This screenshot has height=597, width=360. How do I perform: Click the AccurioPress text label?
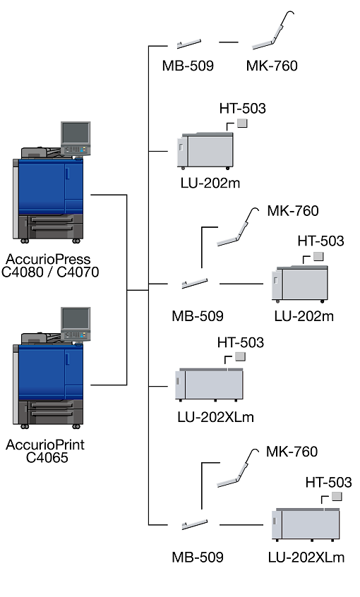tap(48, 259)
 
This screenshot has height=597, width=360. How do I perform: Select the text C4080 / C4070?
tap(50, 272)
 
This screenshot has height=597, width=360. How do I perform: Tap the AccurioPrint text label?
tap(45, 445)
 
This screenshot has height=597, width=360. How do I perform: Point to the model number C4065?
tap(47, 458)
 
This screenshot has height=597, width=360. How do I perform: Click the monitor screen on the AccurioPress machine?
tap(76, 133)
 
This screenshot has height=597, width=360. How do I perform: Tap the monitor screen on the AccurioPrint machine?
tap(76, 318)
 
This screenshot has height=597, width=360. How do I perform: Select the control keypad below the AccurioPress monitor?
tap(76, 150)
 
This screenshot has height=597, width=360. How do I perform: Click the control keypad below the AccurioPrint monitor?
tap(76, 335)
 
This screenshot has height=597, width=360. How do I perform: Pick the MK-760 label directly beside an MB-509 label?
tap(272, 66)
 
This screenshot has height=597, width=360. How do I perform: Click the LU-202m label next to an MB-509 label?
tap(304, 316)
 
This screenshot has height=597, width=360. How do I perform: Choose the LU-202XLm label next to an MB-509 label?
tap(306, 557)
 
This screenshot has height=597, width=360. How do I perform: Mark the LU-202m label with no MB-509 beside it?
tap(210, 183)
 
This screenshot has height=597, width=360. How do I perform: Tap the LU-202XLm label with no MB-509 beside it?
tap(215, 417)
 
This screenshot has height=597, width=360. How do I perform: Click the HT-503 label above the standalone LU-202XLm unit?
tap(241, 343)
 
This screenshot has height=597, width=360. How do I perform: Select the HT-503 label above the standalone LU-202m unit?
tap(242, 109)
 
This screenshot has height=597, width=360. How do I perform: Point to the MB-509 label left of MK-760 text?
tap(188, 66)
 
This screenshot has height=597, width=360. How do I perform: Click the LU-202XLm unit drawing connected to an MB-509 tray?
tap(306, 524)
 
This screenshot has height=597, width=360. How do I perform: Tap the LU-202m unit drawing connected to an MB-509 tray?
tap(300, 284)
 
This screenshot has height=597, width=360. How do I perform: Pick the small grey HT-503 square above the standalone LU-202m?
tap(242, 123)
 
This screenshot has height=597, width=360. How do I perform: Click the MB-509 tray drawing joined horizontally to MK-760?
tap(189, 44)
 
